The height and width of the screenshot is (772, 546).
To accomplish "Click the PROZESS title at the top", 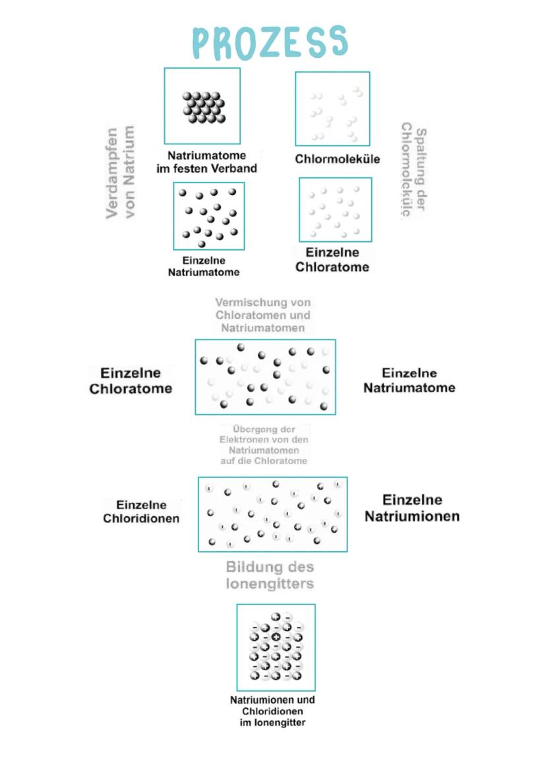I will tap(269, 43).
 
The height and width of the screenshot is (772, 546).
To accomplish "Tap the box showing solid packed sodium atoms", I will tap(202, 105).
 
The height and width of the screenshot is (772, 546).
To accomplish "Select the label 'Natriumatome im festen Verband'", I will tap(206, 162).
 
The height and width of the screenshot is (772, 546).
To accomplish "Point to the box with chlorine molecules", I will tap(332, 109).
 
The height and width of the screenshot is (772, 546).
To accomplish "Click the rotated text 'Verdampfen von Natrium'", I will tap(121, 173).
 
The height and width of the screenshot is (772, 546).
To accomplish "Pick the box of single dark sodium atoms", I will tap(209, 216).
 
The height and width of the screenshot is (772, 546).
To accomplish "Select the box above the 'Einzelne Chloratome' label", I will tap(335, 210).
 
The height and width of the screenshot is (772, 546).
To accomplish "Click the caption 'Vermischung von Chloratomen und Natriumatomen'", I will tap(263, 314).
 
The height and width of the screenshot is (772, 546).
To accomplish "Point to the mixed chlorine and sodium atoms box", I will tap(265, 377).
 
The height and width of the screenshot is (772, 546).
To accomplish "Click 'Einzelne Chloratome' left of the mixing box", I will tap(131, 381).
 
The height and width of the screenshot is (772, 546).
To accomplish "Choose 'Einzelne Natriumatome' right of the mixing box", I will tap(409, 380).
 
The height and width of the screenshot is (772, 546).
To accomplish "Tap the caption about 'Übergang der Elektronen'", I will tap(264, 445).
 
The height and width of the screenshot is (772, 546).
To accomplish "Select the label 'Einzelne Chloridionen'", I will tap(141, 512).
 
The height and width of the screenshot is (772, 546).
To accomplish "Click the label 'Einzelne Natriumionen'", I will tap(412, 508).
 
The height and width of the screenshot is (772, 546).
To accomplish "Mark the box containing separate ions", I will tap(272, 514).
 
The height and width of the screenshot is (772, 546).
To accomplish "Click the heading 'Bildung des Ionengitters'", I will tap(270, 575).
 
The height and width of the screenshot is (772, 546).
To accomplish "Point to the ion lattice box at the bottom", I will tap(276, 647).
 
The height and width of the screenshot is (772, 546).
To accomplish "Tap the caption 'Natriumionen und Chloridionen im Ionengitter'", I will tap(272, 711).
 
